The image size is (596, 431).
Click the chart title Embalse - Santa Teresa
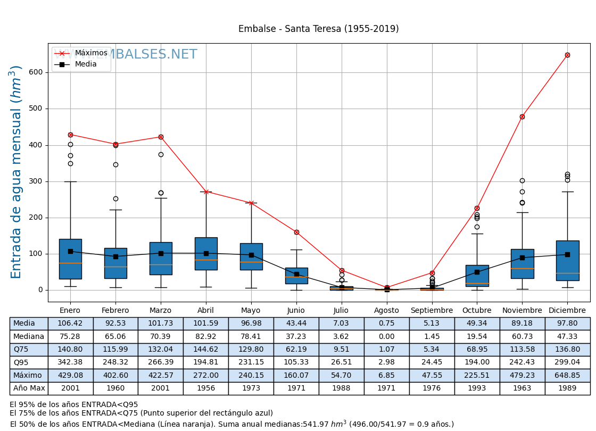click(x=318, y=29)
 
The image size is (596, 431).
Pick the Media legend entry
click(x=86, y=64)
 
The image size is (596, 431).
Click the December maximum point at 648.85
click(x=567, y=55)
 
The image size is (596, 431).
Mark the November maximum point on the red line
click(x=522, y=117)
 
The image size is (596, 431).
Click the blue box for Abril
click(x=206, y=253)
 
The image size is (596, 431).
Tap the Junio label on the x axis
click(x=296, y=311)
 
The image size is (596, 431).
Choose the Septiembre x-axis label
click(x=432, y=311)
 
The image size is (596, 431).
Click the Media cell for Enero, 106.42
click(x=70, y=324)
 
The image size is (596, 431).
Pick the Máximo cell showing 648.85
click(x=567, y=375)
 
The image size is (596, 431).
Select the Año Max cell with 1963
click(x=522, y=388)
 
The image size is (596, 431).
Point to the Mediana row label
click(x=29, y=336)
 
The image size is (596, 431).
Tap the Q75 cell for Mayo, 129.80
click(x=251, y=350)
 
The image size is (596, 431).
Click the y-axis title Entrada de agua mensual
click(x=16, y=172)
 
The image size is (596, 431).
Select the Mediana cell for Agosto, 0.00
click(x=386, y=336)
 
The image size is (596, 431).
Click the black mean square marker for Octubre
click(x=477, y=272)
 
